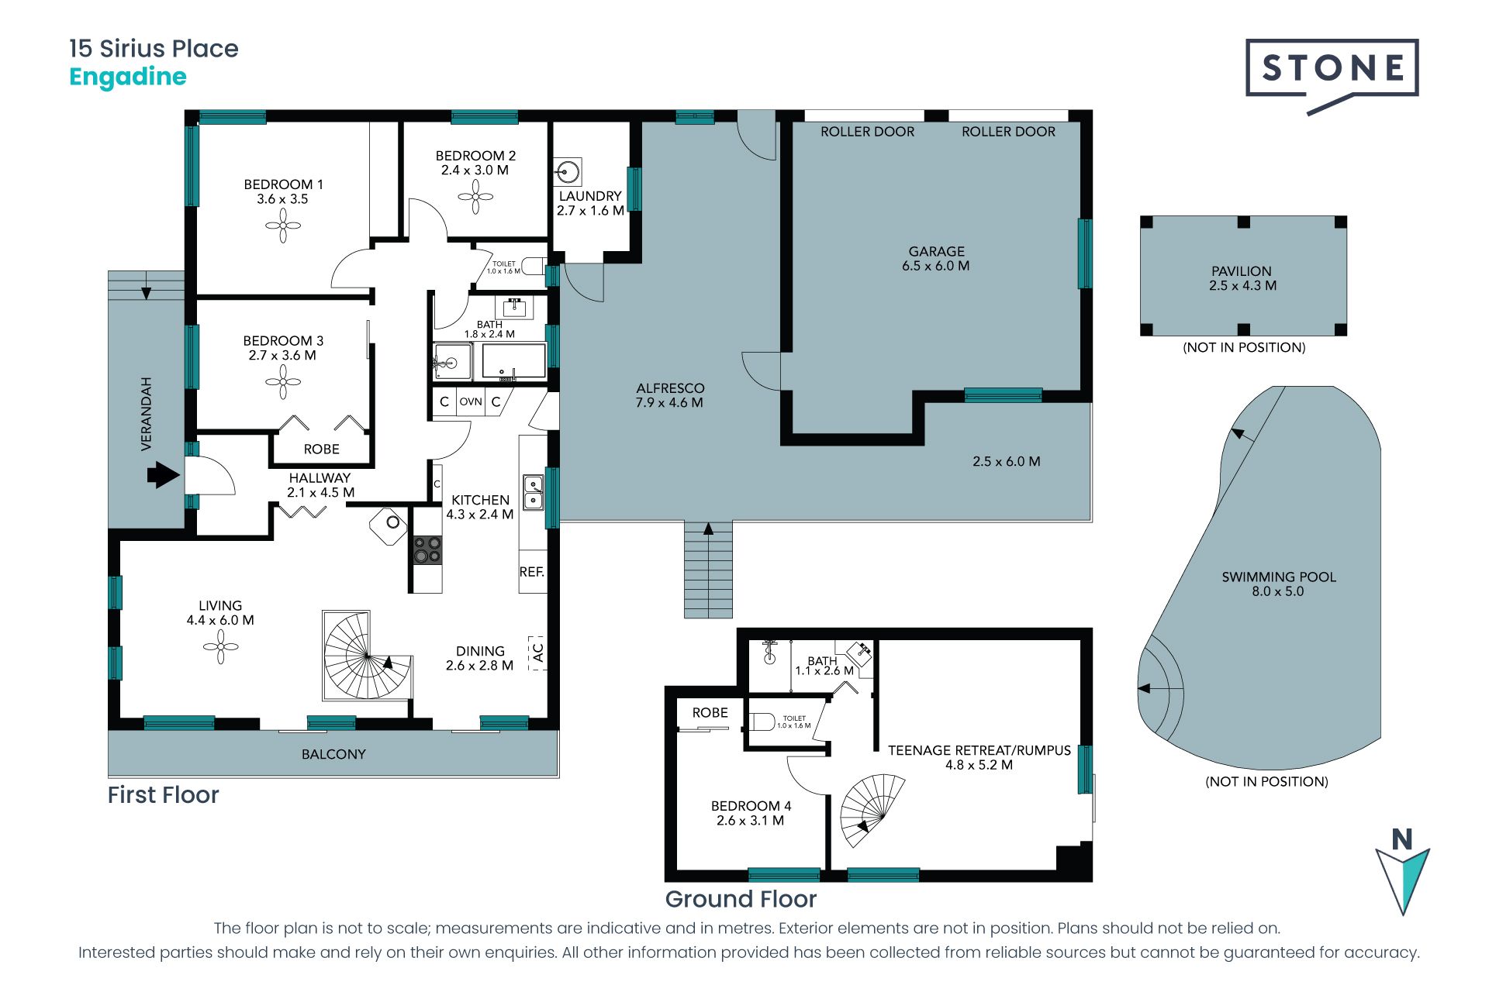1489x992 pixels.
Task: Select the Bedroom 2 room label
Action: (x=475, y=163)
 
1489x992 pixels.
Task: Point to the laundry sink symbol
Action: (x=568, y=171)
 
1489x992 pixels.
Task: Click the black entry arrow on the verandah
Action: (x=163, y=475)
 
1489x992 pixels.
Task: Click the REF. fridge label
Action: (x=532, y=572)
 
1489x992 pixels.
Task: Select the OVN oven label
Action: (x=471, y=401)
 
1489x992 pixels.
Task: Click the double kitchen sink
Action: (x=534, y=492)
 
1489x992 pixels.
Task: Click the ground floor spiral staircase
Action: (x=872, y=811)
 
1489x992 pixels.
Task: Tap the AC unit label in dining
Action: (x=538, y=653)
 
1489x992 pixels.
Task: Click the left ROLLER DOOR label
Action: (x=867, y=132)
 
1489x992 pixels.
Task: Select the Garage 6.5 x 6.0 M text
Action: (x=936, y=258)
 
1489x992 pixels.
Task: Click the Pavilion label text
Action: (x=1242, y=278)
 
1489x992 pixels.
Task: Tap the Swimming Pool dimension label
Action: (x=1278, y=591)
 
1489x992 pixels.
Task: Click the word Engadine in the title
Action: (x=128, y=77)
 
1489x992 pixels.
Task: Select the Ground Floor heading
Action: (x=741, y=899)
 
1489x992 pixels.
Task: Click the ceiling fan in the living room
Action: (x=221, y=646)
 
